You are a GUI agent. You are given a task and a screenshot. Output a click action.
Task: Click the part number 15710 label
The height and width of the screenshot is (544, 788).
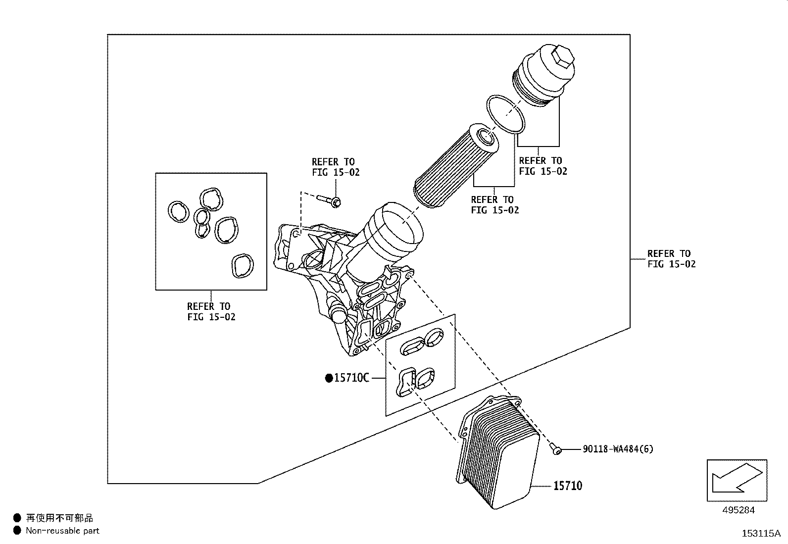tap(567, 486)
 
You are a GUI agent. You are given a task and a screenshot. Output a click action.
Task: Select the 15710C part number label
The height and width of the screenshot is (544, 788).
tap(351, 378)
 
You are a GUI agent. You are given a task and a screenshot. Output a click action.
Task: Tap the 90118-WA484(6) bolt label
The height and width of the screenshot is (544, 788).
tap(618, 449)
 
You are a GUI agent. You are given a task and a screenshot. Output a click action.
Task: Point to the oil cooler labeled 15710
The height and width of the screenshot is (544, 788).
tap(500, 455)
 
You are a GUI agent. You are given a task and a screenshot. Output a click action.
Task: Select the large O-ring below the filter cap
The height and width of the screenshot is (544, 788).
tap(505, 114)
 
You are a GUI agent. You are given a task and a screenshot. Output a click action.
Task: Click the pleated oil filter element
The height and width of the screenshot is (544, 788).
tap(455, 166)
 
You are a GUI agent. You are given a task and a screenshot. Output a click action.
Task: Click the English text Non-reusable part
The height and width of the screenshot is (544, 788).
tap(62, 531)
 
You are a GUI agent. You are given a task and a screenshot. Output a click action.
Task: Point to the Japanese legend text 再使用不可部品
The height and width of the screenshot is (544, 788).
tap(59, 518)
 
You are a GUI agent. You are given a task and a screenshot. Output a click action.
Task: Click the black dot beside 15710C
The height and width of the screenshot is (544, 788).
tap(329, 378)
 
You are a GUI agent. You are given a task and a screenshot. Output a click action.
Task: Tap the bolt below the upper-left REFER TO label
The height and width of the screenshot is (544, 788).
tap(328, 200)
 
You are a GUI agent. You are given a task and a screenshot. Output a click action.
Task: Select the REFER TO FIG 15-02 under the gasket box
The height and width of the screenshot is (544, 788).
tap(211, 312)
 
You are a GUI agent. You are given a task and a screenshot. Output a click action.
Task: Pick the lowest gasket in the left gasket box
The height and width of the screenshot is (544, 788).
tap(242, 266)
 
